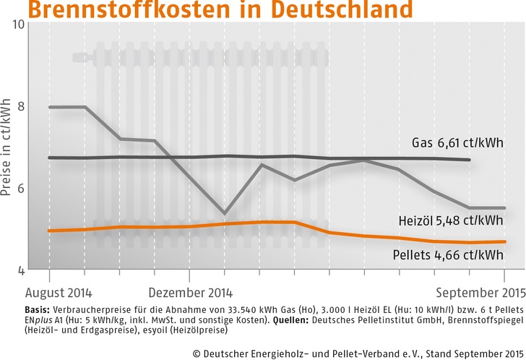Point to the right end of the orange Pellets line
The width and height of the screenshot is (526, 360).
tap(504, 241)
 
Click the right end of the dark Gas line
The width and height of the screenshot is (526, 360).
tap(470, 160)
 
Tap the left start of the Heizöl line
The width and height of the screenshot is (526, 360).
tap(49, 107)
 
